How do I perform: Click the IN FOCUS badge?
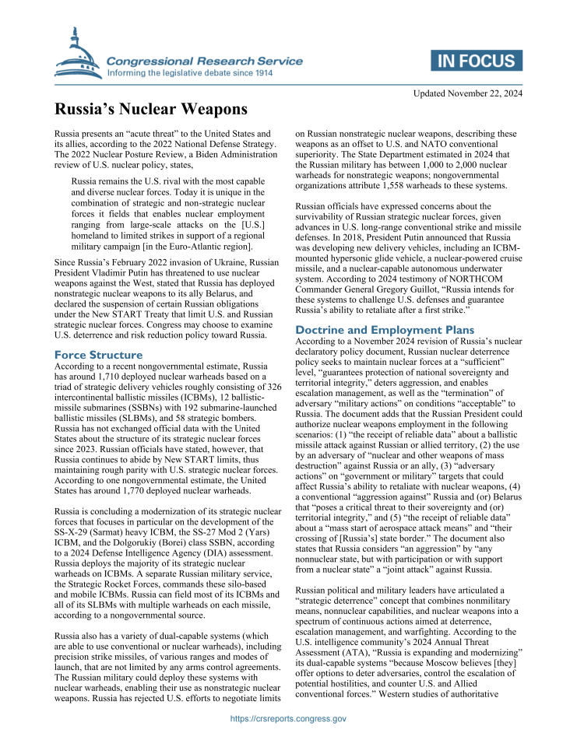(476, 61)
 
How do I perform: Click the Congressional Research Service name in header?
(204, 61)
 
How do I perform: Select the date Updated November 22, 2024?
(467, 93)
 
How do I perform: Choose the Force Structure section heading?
(98, 355)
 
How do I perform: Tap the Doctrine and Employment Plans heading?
(385, 330)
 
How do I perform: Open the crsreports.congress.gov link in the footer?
(289, 719)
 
